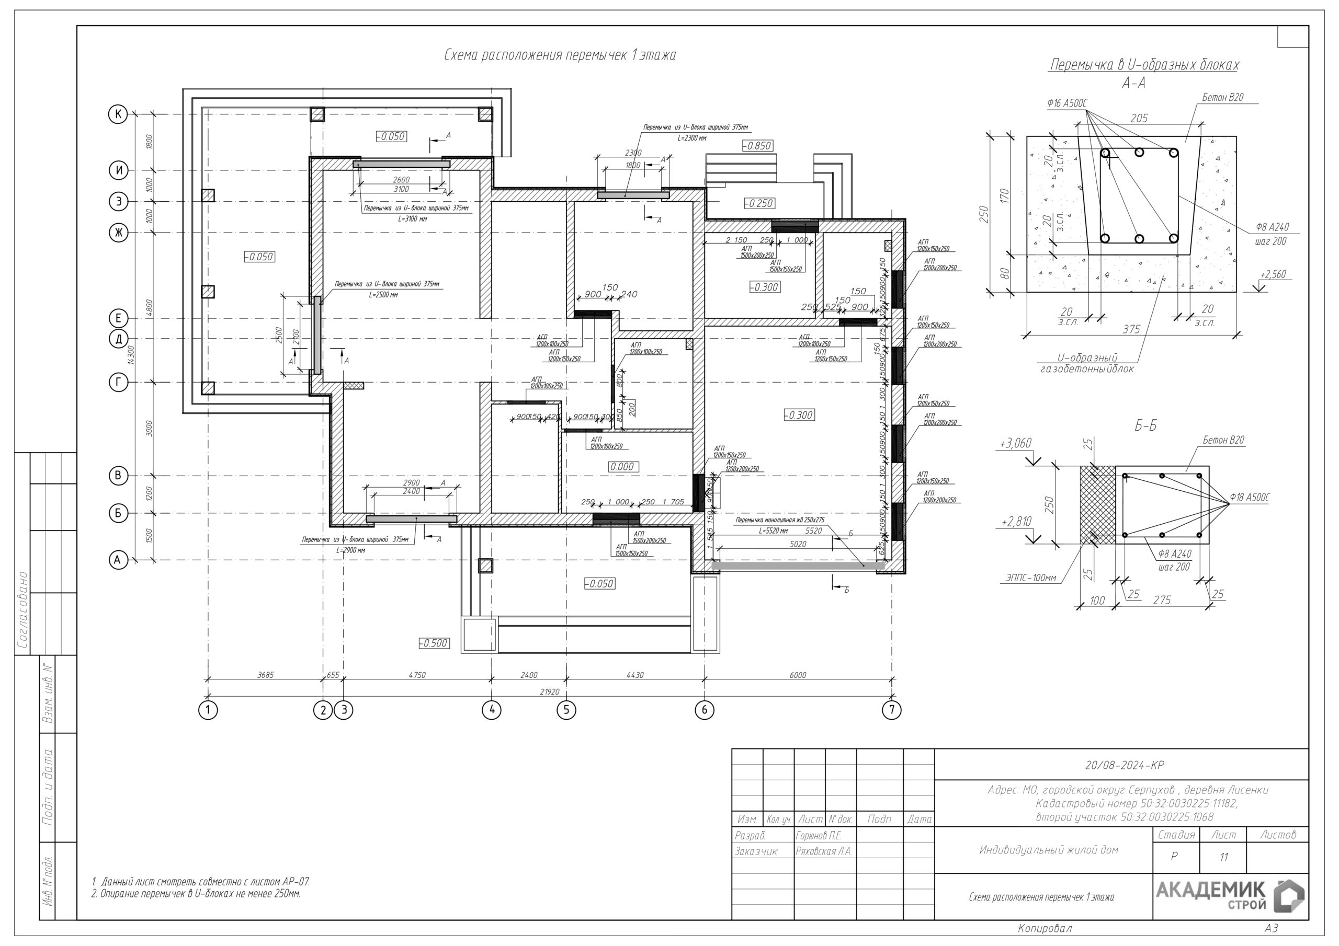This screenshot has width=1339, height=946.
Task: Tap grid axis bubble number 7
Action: click(891, 710)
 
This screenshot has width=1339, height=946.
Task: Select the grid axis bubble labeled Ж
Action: click(118, 233)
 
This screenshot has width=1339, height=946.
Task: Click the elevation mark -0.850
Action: click(757, 146)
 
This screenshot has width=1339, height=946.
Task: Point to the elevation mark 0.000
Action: click(622, 467)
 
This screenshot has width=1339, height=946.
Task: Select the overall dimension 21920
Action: click(549, 692)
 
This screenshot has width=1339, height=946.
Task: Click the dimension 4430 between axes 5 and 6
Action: click(635, 675)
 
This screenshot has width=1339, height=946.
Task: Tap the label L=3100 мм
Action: click(412, 218)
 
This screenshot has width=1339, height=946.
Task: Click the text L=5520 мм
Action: click(773, 531)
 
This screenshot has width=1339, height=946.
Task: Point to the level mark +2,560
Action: click(1273, 274)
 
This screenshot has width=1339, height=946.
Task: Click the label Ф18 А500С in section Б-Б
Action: click(1249, 497)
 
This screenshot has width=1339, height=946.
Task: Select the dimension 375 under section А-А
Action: click(1131, 329)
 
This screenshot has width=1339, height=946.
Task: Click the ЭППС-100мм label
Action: click(1030, 578)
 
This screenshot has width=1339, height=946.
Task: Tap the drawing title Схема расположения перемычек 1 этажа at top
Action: click(560, 55)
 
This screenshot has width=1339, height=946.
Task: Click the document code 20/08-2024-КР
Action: click(1125, 765)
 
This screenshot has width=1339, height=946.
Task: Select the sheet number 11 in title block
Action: click(1223, 857)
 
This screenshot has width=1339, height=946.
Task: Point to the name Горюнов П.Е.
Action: click(818, 836)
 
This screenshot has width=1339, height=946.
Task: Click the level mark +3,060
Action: click(1015, 444)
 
